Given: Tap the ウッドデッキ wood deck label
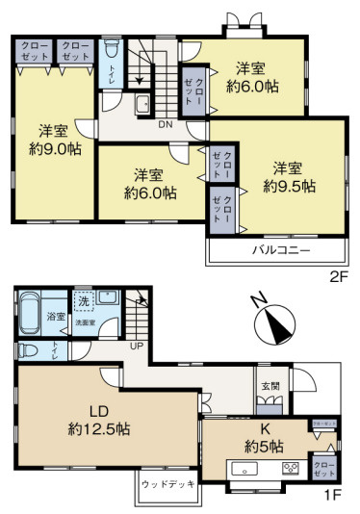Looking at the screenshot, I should tap(167, 484).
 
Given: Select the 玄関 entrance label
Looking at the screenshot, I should tap(270, 386).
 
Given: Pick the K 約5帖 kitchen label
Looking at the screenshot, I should tap(263, 438).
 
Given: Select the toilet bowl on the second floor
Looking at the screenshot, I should tap(112, 47).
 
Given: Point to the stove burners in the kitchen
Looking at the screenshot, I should tap(290, 470).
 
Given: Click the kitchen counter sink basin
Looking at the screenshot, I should tap(244, 470).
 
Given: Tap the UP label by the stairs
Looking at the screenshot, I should tap(137, 345).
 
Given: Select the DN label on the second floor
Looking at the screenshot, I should tap(165, 124).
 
